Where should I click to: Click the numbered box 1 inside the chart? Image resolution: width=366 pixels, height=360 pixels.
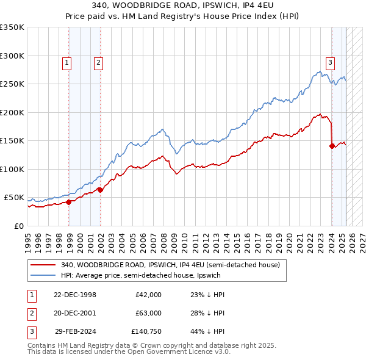point(66,62)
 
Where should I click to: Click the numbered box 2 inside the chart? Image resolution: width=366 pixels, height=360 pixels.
point(98,62)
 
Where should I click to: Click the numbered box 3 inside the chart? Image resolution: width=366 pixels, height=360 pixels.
point(330,62)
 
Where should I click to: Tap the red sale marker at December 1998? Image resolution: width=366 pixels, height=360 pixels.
point(69,202)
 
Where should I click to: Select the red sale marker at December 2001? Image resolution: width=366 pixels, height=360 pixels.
point(101,190)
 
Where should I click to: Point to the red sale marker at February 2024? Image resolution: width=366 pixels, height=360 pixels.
point(332,146)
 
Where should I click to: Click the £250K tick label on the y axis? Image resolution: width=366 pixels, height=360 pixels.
point(12,84)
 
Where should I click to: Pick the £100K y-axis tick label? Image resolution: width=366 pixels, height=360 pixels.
point(12,169)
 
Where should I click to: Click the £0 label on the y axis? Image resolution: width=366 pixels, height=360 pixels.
point(19,226)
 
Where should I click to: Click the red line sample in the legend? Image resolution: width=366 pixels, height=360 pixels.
point(43,265)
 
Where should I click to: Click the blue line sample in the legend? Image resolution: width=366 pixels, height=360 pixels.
point(43,275)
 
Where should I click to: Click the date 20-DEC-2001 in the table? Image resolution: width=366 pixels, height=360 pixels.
point(76,312)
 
